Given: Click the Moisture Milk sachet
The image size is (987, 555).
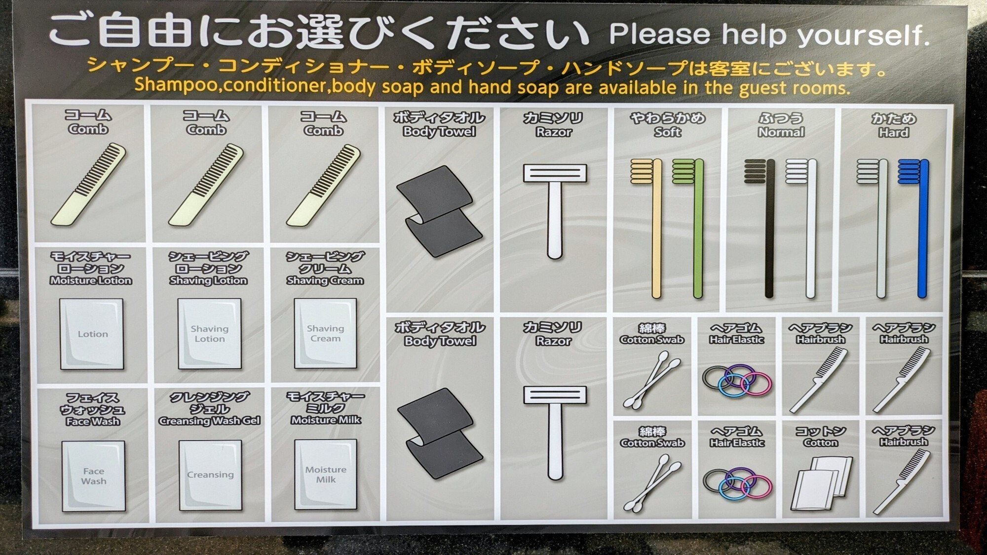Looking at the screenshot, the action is tap(326, 475).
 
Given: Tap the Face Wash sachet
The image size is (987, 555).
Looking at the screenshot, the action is tap(93, 476).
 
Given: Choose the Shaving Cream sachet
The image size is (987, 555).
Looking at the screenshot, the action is tap(325, 333).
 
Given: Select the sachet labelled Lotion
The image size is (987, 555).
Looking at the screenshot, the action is tap(92, 334).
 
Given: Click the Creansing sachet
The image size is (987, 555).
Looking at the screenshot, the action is tap(210, 475).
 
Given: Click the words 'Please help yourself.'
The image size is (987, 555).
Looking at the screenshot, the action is tap(769, 35).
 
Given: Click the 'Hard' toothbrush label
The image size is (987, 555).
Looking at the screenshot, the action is tap(893, 133).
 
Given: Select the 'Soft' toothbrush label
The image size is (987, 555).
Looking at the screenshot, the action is tap(668, 132).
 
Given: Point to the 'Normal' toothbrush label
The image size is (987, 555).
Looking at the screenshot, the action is tap(781, 132).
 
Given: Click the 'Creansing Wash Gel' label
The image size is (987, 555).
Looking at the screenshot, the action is tap(209, 421).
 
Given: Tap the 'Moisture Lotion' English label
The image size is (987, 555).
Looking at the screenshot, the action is tap(91, 281).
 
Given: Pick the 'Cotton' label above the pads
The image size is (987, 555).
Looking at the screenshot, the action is tap(821, 443).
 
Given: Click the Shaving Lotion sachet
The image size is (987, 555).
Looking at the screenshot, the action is tap(210, 333).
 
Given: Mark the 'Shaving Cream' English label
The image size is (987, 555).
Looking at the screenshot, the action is tap(325, 281).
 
